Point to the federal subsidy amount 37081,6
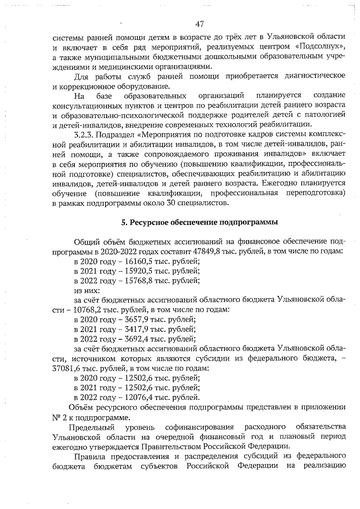66,368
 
